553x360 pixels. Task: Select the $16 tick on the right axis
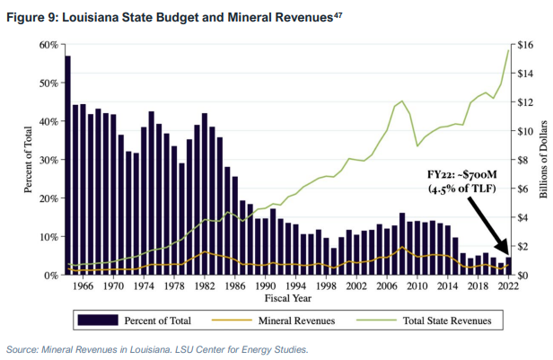pos(524,44)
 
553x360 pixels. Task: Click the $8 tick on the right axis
pos(522,160)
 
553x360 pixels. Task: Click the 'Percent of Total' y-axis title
pos(28,160)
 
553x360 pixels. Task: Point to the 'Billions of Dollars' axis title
pos(543,160)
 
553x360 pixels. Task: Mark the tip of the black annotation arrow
pos(506,255)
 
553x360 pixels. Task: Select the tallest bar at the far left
pos(67,165)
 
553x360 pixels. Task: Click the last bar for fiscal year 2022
pos(507,266)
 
